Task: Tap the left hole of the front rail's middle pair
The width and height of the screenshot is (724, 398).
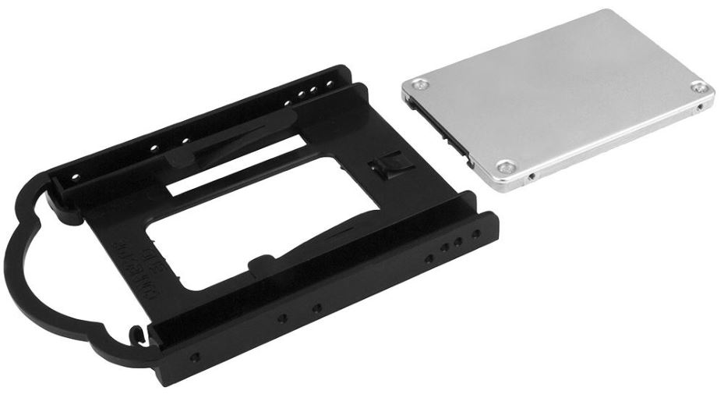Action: [x=282, y=318]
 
